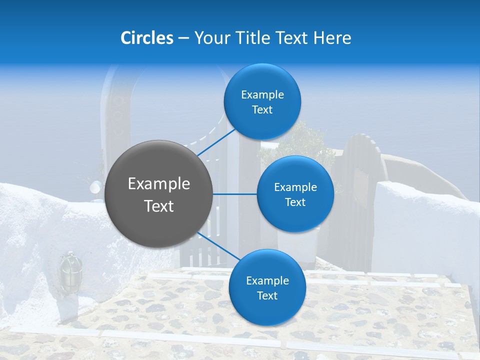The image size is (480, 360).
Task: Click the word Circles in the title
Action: [x=146, y=38]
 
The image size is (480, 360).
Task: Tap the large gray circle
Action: [x=159, y=194]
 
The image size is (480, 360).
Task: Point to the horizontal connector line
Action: [x=235, y=194]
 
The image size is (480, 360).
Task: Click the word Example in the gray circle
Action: [x=159, y=184]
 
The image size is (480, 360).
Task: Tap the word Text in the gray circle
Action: [x=159, y=206]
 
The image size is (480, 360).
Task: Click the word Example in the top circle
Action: [x=262, y=94]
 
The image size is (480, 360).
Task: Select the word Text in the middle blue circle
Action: [x=295, y=202]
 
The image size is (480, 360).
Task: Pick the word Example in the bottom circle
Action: [x=267, y=280]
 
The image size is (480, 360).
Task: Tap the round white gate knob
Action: [x=94, y=187]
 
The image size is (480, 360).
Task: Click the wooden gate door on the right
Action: [x=356, y=200]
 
